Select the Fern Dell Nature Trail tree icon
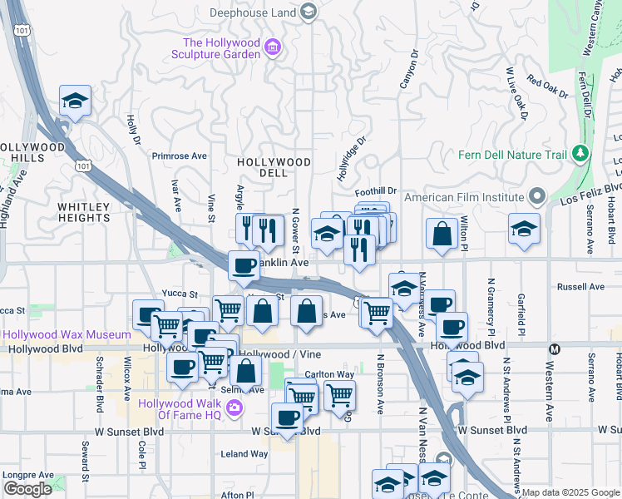[x=580, y=154]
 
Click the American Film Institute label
[x=465, y=197]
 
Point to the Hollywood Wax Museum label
[x=68, y=335]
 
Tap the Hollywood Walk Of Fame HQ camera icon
[x=235, y=408]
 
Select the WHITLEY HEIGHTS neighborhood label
[x=84, y=212]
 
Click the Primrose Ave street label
[x=179, y=156]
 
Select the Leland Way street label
[x=244, y=454]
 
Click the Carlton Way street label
[x=329, y=375]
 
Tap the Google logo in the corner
[x=27, y=488]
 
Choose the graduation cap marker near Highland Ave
[x=76, y=101]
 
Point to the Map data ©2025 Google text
[x=570, y=492]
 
